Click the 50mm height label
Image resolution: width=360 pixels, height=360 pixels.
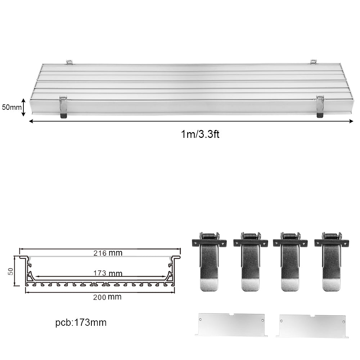point(12,107)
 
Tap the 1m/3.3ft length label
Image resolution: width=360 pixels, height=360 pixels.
point(200,134)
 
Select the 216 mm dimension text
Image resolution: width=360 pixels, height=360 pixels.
point(108,253)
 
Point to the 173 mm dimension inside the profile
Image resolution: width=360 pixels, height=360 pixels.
point(108,273)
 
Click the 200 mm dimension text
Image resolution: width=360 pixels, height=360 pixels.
point(107,297)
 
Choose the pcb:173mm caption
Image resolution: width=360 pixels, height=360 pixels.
point(81,323)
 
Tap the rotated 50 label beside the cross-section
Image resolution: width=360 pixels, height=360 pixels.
point(10,271)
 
